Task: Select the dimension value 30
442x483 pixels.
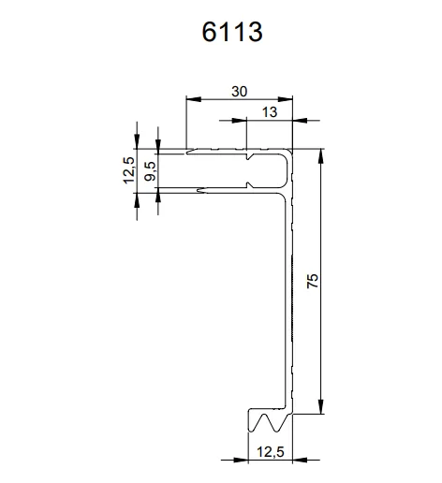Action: tap(239, 91)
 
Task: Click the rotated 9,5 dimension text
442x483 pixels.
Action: tap(150, 172)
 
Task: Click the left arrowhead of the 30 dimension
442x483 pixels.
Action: tap(191, 98)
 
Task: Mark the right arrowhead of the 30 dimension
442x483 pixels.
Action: tap(288, 98)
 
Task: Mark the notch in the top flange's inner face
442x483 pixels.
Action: tap(249, 159)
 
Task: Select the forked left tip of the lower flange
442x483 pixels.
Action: tap(200, 193)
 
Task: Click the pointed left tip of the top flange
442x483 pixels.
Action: tap(188, 151)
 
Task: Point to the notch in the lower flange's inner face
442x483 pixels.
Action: tap(249, 187)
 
